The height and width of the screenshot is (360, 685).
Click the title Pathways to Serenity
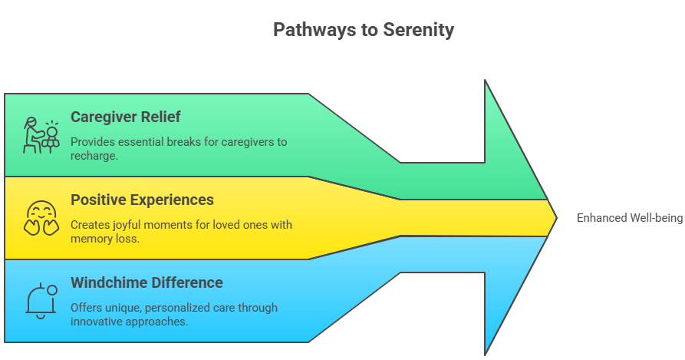coord(364,30)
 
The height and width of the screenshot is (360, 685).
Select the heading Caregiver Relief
coord(126,117)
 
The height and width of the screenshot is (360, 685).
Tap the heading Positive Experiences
coord(142,200)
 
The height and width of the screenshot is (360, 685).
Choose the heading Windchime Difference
coord(147,282)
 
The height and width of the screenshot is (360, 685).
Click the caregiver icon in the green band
coord(41,136)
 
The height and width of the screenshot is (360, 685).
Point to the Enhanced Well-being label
coord(628,218)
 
